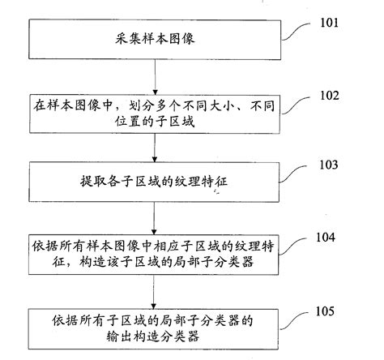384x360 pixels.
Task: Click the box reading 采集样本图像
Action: tap(153, 39)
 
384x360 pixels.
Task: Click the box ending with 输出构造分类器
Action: tap(153, 328)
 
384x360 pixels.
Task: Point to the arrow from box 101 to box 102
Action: tap(154, 75)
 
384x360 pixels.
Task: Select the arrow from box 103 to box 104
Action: tap(154, 217)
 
